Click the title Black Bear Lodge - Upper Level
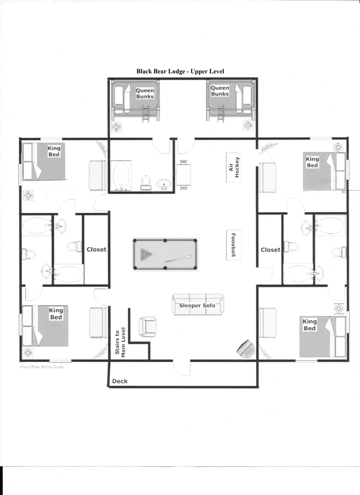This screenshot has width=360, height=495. click(180, 72)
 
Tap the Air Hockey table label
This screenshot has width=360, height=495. click(234, 167)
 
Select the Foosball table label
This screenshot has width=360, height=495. click(234, 245)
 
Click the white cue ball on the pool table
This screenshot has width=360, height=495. click(175, 253)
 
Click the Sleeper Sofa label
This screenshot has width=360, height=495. click(197, 305)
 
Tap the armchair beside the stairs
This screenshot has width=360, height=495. click(147, 326)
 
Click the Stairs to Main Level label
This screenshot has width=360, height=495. click(120, 342)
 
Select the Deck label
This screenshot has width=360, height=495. click(120, 381)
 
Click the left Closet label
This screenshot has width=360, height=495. click(96, 249)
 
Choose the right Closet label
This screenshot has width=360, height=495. click(270, 250)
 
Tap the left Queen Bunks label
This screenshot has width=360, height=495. click(145, 94)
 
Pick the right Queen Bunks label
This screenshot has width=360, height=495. click(220, 91)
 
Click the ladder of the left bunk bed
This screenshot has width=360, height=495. click(146, 114)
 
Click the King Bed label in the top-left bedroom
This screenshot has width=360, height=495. click(54, 151)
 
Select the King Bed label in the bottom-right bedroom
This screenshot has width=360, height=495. click(310, 325)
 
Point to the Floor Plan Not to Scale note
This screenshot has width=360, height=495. click(42, 367)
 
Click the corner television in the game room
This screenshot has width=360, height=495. click(246, 349)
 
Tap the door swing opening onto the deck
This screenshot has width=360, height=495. click(182, 368)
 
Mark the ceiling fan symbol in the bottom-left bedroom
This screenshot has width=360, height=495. click(28, 352)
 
